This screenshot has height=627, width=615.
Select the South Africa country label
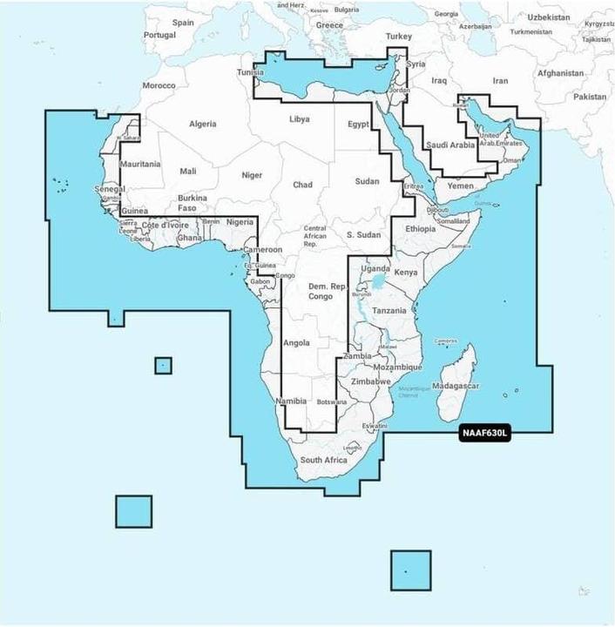pyautogui.click(x=323, y=460)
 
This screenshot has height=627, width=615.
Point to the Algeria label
pyautogui.click(x=202, y=125)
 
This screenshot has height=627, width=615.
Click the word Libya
pyautogui.click(x=299, y=118)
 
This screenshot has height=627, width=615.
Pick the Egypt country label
pyautogui.click(x=358, y=125)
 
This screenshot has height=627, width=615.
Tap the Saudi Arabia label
pyautogui.click(x=450, y=145)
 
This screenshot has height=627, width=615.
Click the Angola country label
pyautogui.click(x=296, y=342)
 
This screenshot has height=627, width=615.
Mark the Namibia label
pyautogui.click(x=290, y=401)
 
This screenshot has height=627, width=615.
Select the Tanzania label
pyautogui.click(x=389, y=310)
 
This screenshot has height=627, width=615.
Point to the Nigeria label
pyautogui.click(x=240, y=223)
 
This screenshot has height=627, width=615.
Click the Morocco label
pyautogui.click(x=159, y=85)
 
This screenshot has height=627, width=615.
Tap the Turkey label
pyautogui.click(x=398, y=37)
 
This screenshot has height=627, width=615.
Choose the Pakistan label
pyautogui.click(x=590, y=97)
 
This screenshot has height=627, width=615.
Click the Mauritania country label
pyautogui.click(x=140, y=164)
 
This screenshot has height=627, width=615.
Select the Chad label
pyautogui.click(x=302, y=185)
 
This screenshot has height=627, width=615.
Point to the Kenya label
pyautogui.click(x=406, y=273)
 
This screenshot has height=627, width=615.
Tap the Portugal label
pyautogui.click(x=159, y=35)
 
